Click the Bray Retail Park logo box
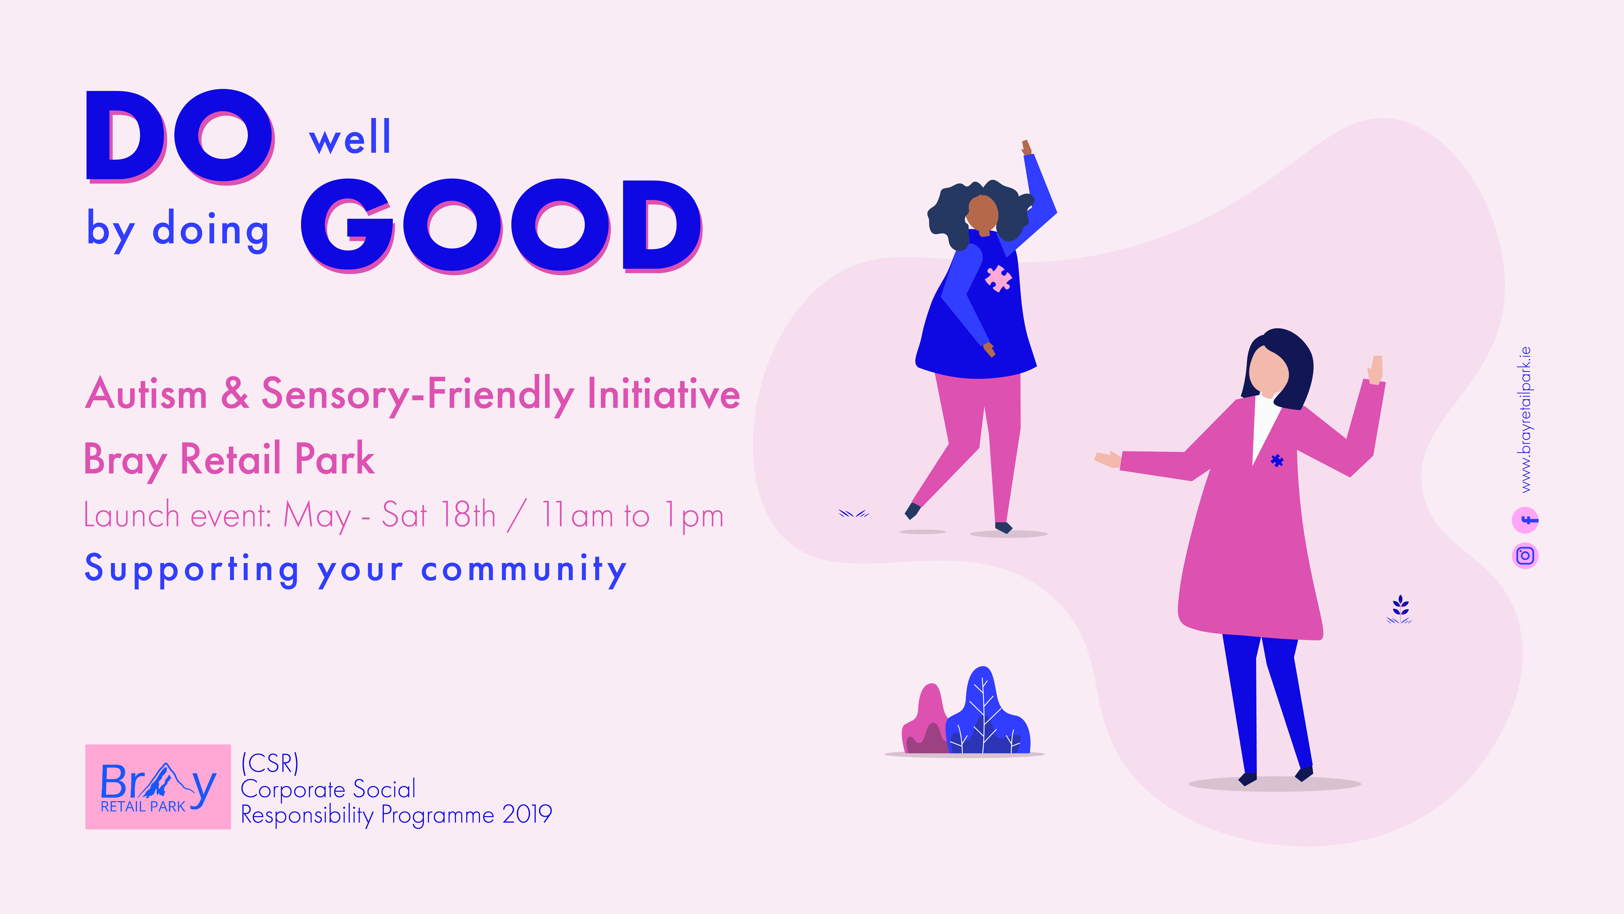tap(158, 787)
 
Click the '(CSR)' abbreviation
tap(270, 763)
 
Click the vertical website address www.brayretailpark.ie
tap(1525, 419)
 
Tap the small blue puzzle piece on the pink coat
tap(1277, 461)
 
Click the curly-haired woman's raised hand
tap(1026, 148)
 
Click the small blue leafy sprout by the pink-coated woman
tap(1400, 609)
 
